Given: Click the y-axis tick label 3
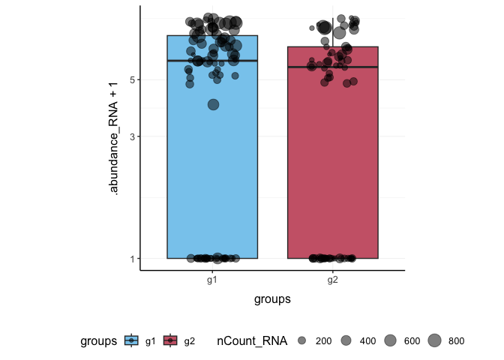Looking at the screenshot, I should click(131, 136).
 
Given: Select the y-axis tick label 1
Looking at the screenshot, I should click(131, 259).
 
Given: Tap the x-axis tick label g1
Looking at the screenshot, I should click(212, 280).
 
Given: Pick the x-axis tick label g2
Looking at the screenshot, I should click(332, 280).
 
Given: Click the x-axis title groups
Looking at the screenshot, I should click(272, 298).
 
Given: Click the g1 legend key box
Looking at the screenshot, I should click(132, 341).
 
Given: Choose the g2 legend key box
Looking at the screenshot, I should click(171, 341).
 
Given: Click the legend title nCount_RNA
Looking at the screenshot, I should click(251, 341).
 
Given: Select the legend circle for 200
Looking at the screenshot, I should click(302, 341).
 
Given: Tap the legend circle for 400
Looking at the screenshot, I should click(346, 341).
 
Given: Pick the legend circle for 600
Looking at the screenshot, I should click(390, 341).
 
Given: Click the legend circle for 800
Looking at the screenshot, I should click(434, 341).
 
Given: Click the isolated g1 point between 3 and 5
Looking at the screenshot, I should click(213, 105).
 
